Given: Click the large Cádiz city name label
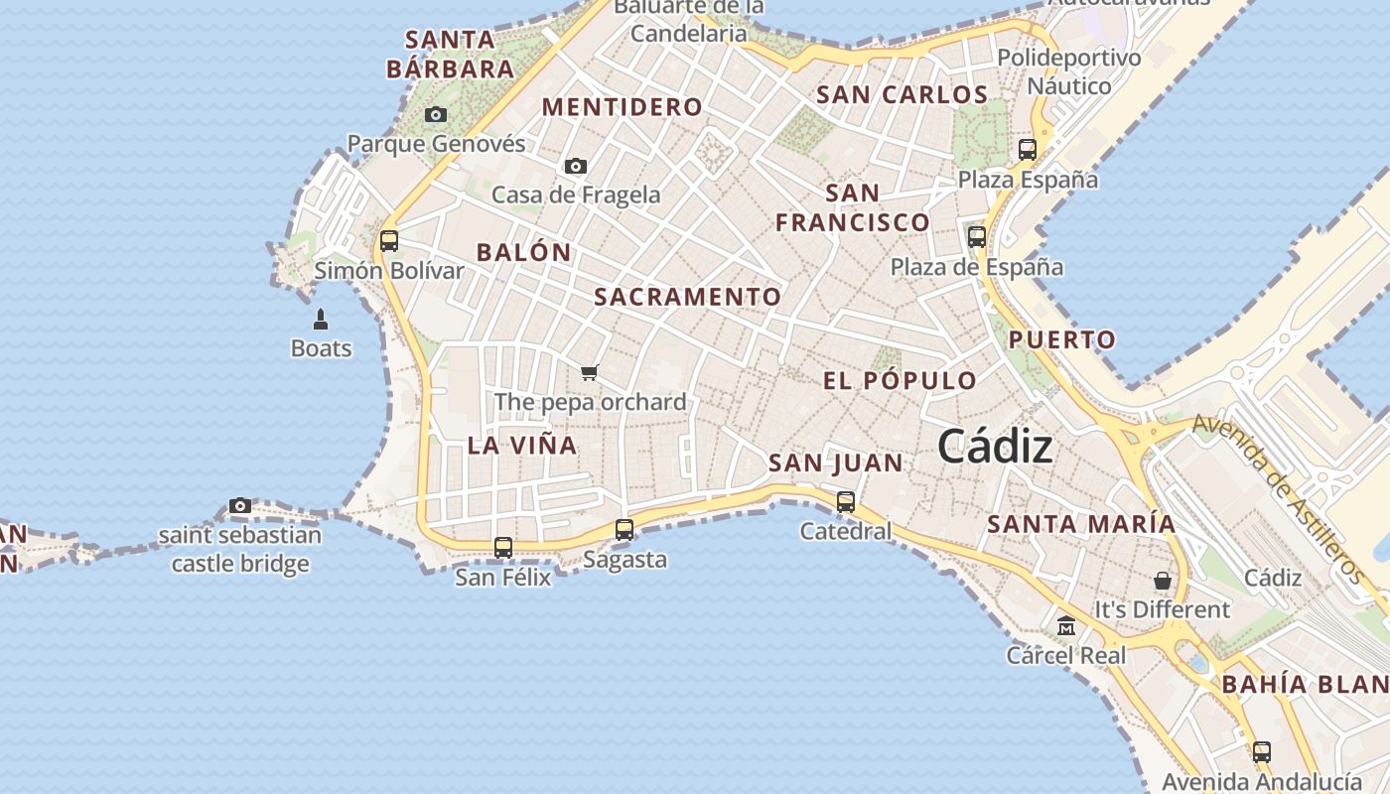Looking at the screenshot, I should pos(995,447).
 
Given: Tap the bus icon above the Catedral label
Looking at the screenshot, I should pos(846,502).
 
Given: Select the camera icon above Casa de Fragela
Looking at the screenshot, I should pos(576,166).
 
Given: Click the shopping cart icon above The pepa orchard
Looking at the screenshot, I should pos(590,373).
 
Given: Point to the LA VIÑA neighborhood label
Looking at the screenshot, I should pos(522,446).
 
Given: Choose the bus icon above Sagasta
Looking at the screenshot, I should pos(625,530).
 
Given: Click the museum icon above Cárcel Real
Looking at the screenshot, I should pos(1066,626).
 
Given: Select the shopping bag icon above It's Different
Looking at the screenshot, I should pos(1162,580).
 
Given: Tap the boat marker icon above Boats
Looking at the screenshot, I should pos(321,320).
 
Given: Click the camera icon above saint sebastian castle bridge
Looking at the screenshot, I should pos(239,506).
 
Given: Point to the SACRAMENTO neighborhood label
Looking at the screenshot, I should pos(688,297).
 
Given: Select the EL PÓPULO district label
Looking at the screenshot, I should pos(901,381).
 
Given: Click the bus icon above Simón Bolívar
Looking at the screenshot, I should pos(389,241).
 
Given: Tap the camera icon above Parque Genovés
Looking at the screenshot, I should pos(436,115).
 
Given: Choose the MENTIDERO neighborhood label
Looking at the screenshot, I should pos(623,107).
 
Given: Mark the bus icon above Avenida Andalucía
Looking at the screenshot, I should pos(1262,752).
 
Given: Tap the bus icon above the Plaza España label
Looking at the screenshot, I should pos(1028,150).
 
